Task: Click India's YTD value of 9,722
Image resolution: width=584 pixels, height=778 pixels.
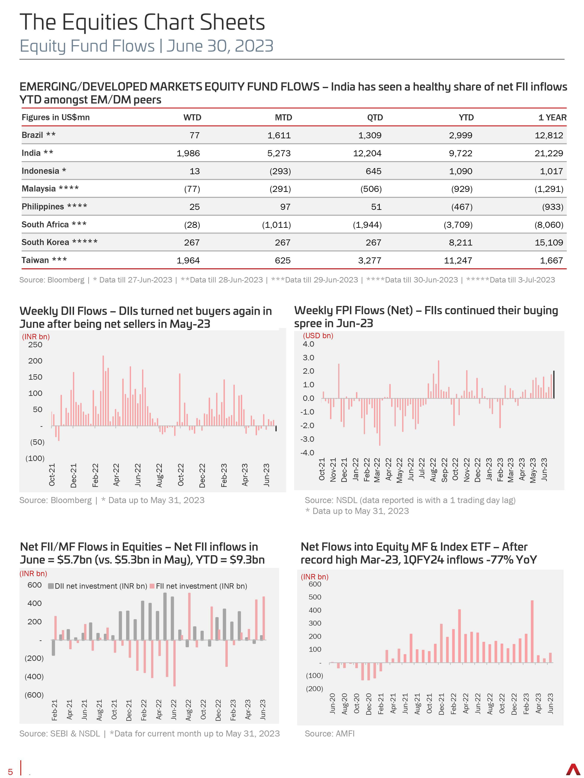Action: point(460,153)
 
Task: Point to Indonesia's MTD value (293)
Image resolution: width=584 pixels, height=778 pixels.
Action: point(280,171)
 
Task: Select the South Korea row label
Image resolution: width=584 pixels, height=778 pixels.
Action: point(59,242)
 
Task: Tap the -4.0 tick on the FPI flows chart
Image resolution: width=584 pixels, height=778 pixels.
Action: point(307,453)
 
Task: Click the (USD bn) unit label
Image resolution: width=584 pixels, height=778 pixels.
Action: point(318,336)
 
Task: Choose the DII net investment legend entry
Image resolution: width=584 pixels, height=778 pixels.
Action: point(98,586)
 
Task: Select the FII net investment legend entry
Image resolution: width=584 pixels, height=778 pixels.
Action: point(199,586)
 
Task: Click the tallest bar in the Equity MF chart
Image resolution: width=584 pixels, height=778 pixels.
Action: point(532,631)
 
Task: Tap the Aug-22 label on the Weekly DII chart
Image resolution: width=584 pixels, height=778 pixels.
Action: point(159,475)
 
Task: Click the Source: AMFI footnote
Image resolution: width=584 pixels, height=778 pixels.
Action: point(329,734)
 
